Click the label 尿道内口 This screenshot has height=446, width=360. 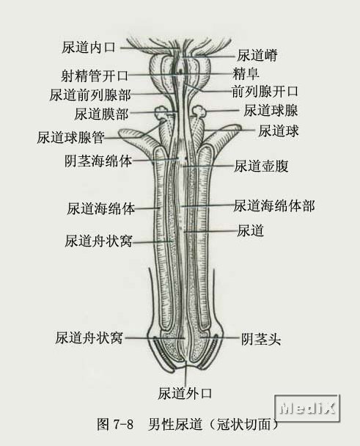89,47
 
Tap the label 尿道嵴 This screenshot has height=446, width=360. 257,56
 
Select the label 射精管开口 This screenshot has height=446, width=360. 95,76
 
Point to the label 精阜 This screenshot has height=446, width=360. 246,73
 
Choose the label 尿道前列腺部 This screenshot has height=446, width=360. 90,95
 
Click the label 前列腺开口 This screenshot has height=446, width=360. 265,92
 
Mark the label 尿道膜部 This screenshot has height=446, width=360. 101,114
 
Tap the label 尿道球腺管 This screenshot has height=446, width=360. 70,137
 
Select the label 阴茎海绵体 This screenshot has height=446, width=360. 98,161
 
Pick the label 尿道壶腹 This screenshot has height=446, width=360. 261,166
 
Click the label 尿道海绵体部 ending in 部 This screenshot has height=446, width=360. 274,206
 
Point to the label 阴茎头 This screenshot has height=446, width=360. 261,339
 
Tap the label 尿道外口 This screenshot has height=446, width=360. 185,393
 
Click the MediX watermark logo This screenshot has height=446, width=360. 307,409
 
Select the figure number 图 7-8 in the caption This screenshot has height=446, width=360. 115,424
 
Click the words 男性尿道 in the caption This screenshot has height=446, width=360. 175,424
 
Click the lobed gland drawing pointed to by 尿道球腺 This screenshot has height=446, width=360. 199,111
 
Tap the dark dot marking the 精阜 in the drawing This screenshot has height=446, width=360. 180,70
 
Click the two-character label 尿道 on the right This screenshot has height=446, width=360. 251,230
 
